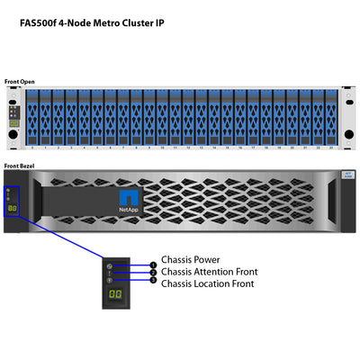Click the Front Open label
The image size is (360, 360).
pos(21,81)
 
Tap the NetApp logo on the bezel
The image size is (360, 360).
pos(129,202)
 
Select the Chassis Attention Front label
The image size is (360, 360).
pos(209,271)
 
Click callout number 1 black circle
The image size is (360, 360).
pos(153,265)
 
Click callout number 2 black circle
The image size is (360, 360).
pos(153,273)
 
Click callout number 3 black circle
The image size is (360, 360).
pos(153,280)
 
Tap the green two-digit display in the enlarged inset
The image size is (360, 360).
pos(115,293)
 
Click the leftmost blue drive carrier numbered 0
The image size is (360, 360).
pos(31,115)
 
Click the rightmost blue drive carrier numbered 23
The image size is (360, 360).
pos(332,115)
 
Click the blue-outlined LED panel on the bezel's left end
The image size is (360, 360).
pos(13,202)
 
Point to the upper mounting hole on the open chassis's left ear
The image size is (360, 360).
pos(12,96)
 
